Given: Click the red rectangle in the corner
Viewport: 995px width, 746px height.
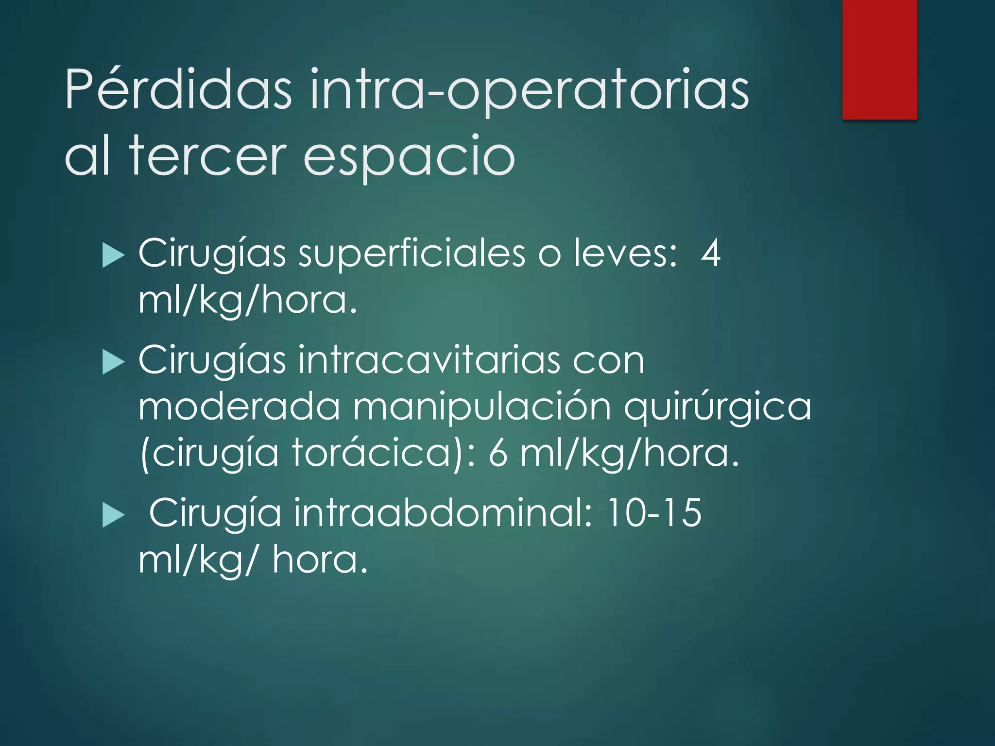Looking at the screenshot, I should [x=879, y=59].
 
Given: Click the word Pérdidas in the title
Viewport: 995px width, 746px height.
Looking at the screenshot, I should [x=178, y=89].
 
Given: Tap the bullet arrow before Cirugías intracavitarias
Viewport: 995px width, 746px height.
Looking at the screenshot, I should [x=114, y=363].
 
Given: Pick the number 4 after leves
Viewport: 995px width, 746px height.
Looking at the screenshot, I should [x=710, y=253].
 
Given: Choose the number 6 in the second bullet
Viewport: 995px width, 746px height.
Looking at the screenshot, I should [x=498, y=453].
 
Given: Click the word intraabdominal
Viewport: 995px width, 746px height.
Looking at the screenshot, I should [x=443, y=512].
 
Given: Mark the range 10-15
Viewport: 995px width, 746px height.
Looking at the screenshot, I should [x=654, y=512].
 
